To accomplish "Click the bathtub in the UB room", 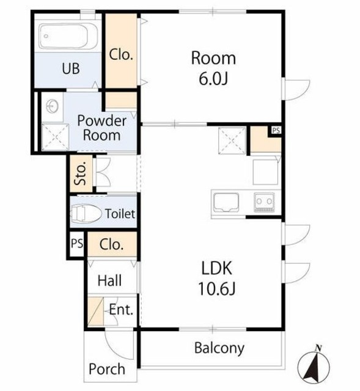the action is point(68,36).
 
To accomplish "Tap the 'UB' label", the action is point(71,68).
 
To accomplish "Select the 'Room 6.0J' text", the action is point(213,68).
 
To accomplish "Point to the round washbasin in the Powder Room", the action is point(53,106).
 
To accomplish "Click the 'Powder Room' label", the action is point(102,128).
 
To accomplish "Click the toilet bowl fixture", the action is point(86,214).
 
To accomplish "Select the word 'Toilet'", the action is point(120,214).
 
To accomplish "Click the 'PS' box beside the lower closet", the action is point(77,244).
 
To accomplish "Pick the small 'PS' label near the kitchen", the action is point(276,130).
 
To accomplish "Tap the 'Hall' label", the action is point(110,280).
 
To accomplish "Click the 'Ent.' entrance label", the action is point(121,310).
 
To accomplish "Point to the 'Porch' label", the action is point(107,369).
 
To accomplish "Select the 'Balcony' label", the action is point(219,348).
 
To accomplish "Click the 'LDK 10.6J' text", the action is point(216,278).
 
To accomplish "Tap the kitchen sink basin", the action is point(226,203).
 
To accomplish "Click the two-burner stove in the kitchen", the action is point(265,202).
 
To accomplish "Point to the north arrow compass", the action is point(314,367).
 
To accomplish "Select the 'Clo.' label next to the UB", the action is point(121,54).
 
